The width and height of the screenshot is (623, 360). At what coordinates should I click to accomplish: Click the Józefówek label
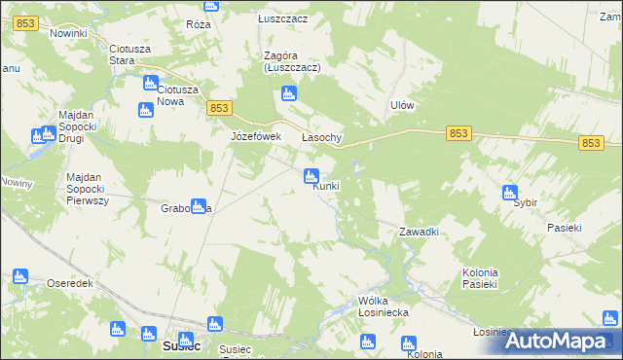[255, 137]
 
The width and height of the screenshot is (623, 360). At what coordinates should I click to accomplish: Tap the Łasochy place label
[321, 138]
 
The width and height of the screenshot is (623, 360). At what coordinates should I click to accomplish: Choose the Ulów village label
[403, 105]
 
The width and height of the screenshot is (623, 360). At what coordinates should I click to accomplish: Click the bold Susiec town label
[181, 345]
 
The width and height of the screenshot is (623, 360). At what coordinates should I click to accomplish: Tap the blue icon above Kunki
[311, 176]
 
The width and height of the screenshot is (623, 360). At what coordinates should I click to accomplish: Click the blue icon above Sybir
[510, 193]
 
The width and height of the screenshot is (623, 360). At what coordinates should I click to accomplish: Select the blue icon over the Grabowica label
[199, 206]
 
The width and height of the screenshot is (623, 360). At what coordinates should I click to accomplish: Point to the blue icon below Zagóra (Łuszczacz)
[287, 94]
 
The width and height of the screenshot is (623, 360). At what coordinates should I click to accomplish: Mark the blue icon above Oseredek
[20, 277]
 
